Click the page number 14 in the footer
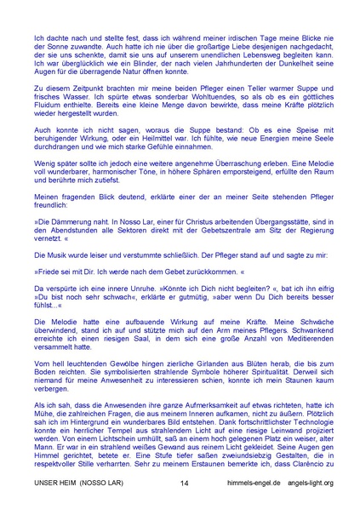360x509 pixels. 184,483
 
